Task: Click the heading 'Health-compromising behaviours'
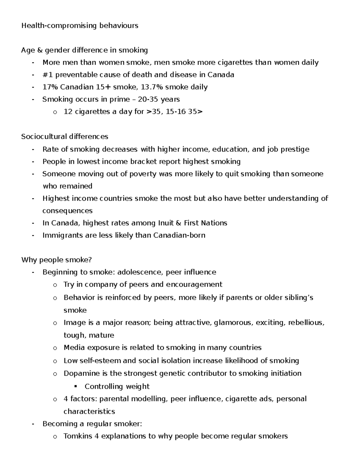79,26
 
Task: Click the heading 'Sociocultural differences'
64,137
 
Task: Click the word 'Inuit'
166,223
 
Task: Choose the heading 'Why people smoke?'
56,260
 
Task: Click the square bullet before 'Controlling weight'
76,386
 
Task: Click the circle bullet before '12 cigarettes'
55,112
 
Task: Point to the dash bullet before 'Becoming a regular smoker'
33,424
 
